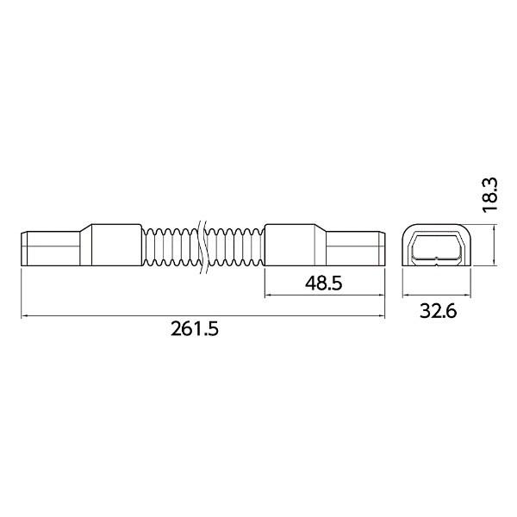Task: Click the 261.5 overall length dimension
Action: coord(195,329)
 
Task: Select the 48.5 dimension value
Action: coord(323,283)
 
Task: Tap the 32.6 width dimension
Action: coord(439,310)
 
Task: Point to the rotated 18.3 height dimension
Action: coord(489,195)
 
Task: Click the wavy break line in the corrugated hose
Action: coord(202,246)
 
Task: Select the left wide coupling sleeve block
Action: coord(116,245)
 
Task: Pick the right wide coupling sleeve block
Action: coord(290,245)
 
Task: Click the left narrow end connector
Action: coord(51,249)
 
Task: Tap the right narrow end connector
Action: coord(356,249)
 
